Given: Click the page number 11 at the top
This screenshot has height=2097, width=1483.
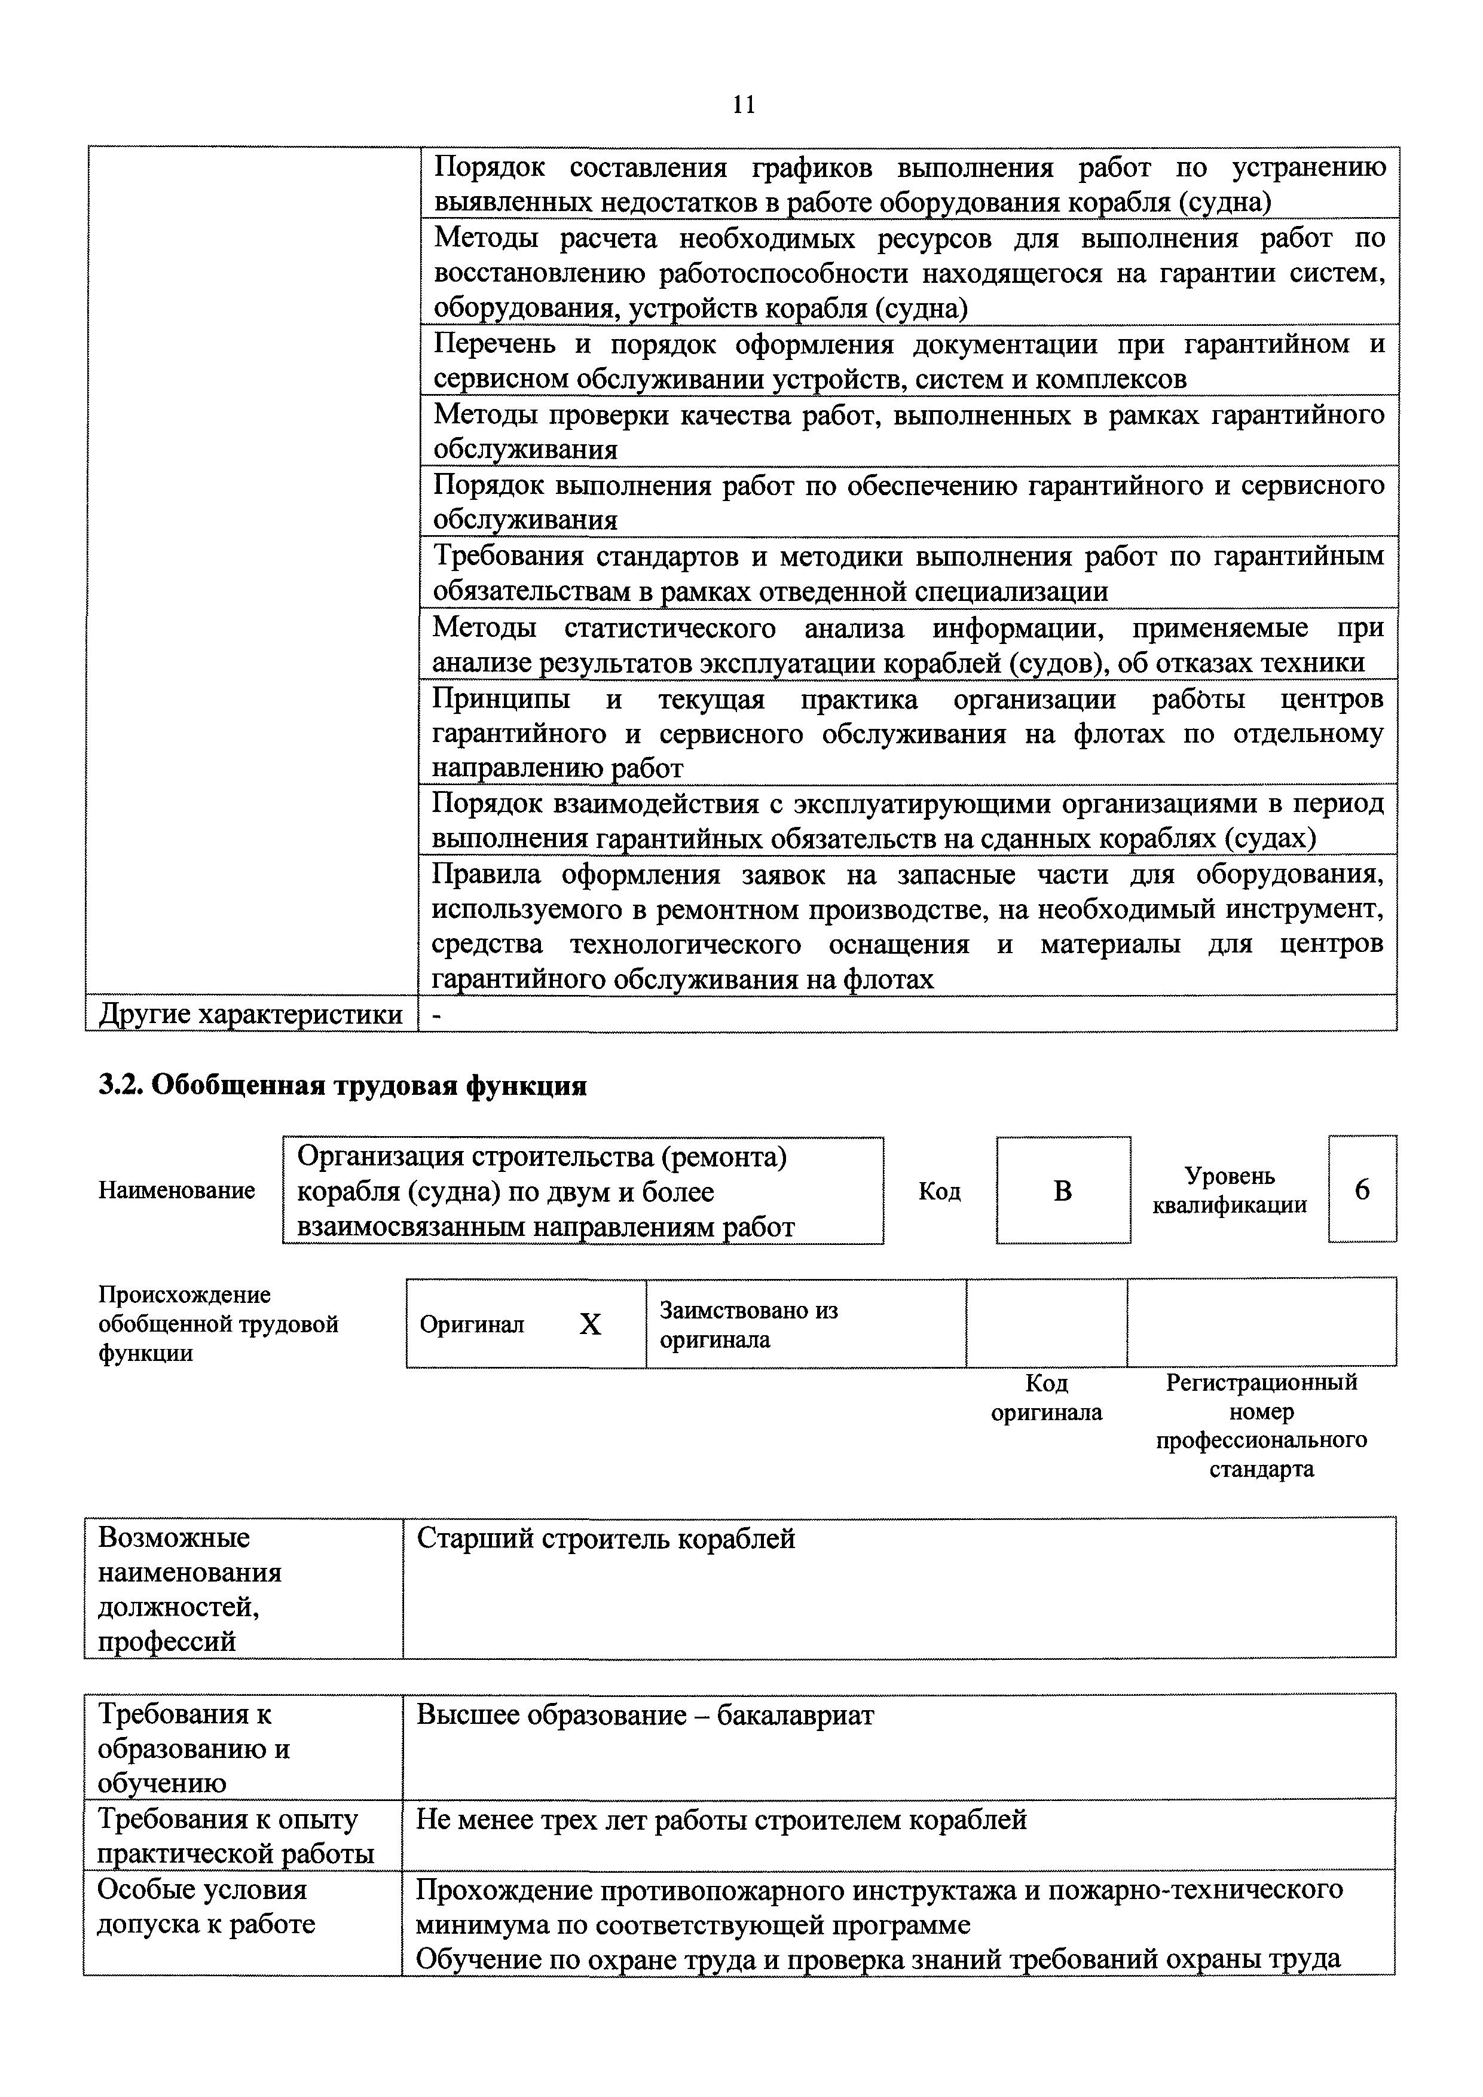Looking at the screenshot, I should click(x=744, y=105).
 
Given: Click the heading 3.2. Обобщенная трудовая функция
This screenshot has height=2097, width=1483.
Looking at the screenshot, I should click(x=343, y=1086).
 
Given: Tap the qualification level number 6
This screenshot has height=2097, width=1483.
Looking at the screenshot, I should click(x=1362, y=1189).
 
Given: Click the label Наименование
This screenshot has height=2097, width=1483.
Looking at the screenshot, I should click(x=176, y=1190).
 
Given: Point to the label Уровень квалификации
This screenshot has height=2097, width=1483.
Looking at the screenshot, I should click(x=1229, y=1190).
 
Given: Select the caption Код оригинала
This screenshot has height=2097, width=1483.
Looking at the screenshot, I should click(x=1047, y=1397).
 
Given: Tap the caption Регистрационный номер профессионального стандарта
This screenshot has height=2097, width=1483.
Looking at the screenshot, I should click(x=1261, y=1425).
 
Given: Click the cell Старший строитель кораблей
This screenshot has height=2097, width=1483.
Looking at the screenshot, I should click(x=606, y=1539).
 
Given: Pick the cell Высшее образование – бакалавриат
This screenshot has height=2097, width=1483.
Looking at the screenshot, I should click(x=645, y=1716).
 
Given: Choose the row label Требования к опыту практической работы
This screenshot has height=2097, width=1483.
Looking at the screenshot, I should click(x=235, y=1837).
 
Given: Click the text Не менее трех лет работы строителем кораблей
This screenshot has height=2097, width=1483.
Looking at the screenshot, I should click(x=721, y=1820).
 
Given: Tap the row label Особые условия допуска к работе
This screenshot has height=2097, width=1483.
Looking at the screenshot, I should click(x=206, y=1907).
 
